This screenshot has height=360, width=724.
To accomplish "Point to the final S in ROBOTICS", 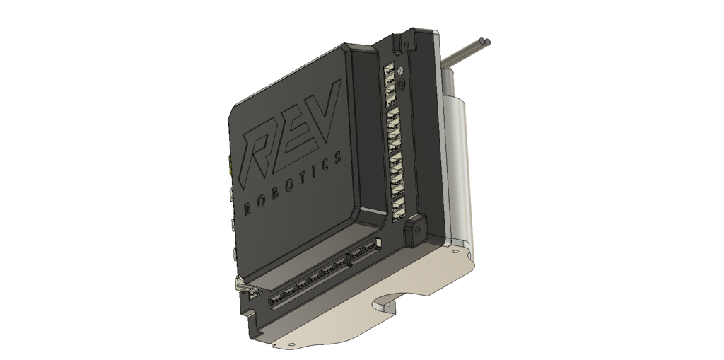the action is pos(339,157).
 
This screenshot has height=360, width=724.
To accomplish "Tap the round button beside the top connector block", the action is pos(402,84).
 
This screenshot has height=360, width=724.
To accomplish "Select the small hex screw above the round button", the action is pos(400,71).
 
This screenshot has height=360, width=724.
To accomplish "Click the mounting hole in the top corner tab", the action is pos(406,45).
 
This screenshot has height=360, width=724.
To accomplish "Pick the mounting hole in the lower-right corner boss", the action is pos(417,230).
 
